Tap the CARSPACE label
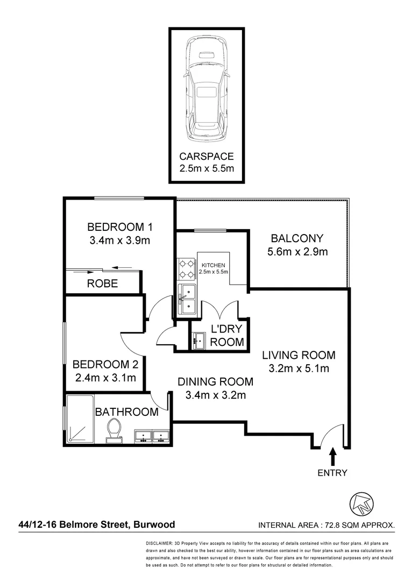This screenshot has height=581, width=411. pos(207,157)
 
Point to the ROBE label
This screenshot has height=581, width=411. pos(102,284)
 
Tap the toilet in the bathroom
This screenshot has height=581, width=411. pos(114,430)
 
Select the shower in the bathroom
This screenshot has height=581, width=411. pos(80,420)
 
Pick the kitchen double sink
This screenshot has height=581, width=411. pos(187,299)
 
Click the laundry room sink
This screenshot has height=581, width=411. pos(198,341)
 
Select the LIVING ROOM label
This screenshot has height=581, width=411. pos(299,355)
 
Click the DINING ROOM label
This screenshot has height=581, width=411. pos(215,382)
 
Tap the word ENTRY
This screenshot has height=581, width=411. pos(332,473)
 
